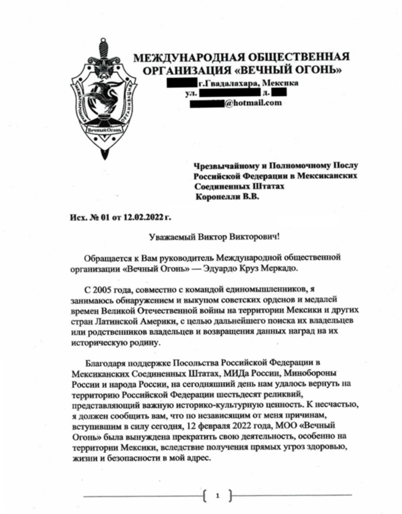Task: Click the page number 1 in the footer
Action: pos(218,496)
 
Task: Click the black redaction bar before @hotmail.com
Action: pos(207,103)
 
